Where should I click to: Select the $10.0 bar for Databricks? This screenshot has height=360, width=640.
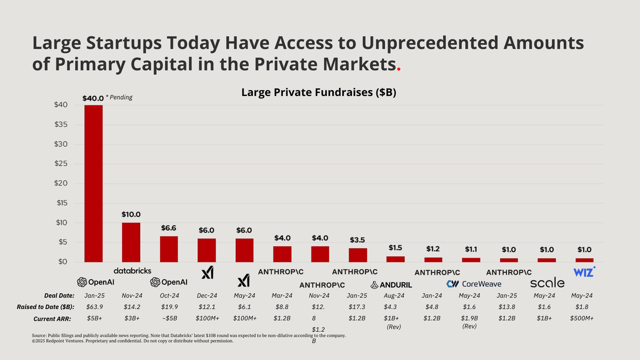[131, 242]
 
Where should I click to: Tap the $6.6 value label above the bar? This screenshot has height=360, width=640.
[169, 228]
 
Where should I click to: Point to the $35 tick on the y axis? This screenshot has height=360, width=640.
[60, 125]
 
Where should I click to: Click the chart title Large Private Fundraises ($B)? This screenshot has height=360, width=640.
[319, 92]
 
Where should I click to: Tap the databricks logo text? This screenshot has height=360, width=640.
[132, 271]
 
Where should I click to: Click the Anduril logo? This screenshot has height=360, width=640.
[391, 285]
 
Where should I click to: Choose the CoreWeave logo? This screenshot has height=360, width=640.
[474, 284]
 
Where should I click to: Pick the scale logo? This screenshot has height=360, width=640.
[547, 283]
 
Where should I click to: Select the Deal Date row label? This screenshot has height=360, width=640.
[59, 295]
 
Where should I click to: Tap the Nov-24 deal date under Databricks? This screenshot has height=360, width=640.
[131, 295]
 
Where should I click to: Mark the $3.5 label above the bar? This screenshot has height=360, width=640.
[358, 240]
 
